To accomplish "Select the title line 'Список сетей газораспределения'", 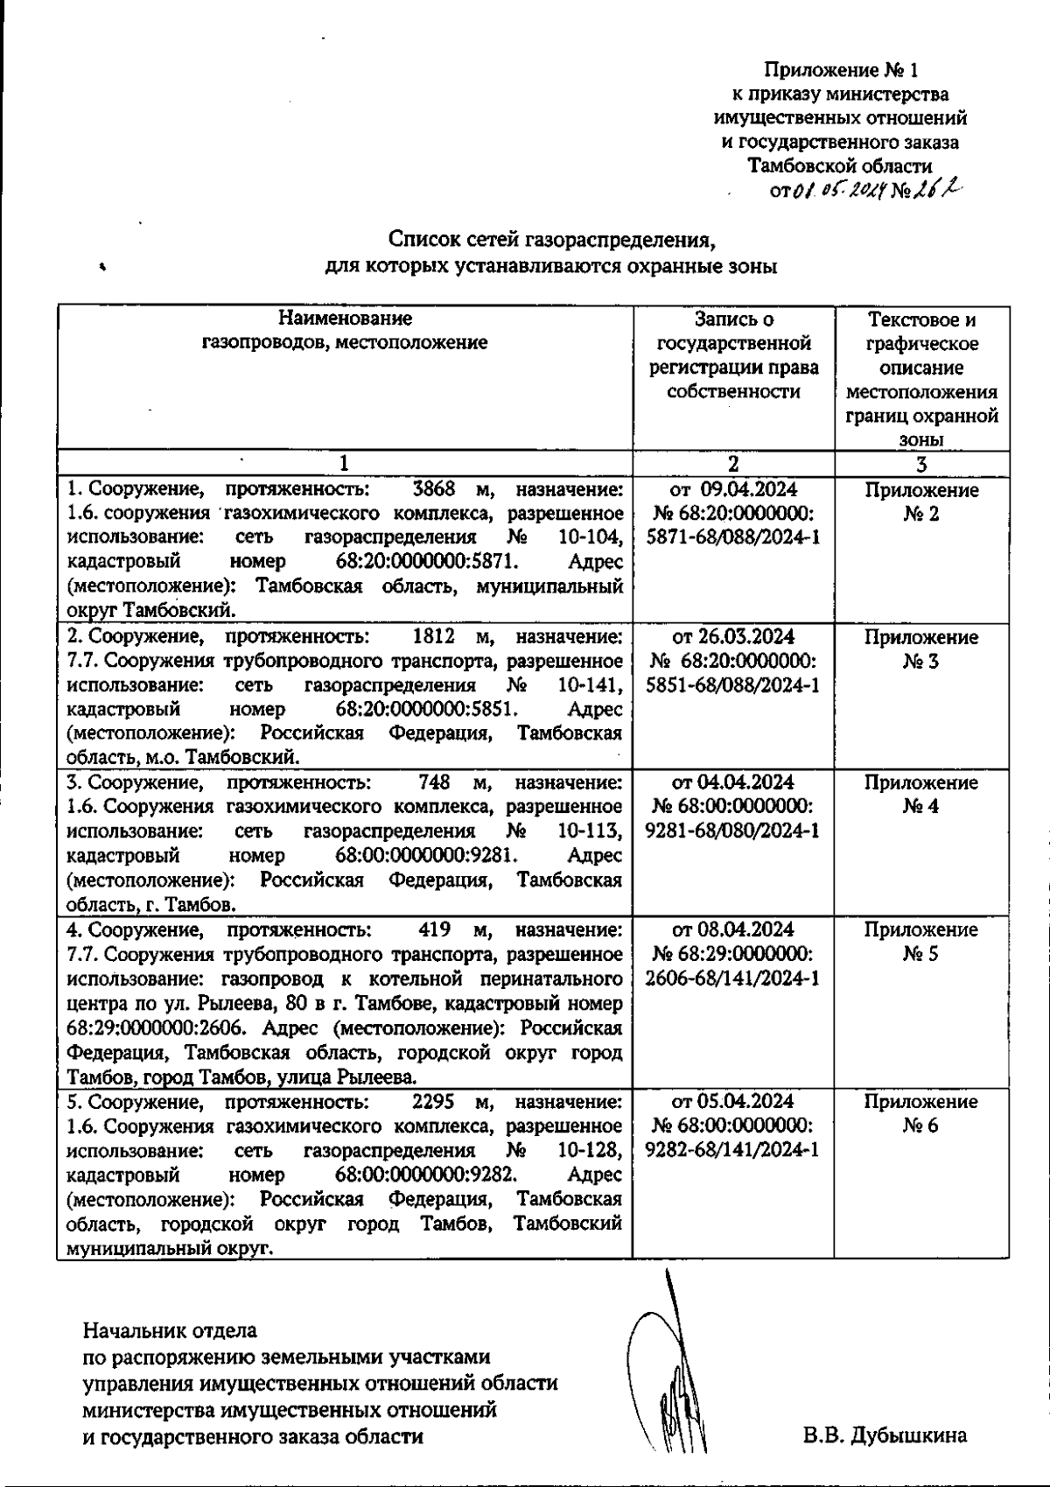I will tap(558, 239).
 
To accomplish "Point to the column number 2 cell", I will tap(733, 464).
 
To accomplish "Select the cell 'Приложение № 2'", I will tap(921, 502).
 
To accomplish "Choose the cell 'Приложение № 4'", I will tap(921, 794).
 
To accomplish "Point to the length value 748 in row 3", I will tap(435, 782).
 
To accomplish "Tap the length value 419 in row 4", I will tap(435, 929).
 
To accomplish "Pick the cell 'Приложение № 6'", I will tap(921, 1113).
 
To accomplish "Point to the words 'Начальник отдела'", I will tap(170, 1332).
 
